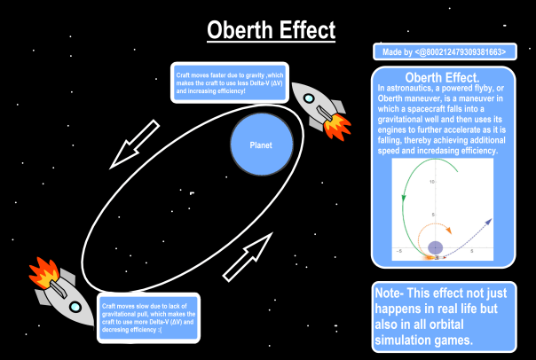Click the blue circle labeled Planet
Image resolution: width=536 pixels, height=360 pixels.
point(260,145)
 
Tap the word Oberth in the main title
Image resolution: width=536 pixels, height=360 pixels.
point(240,30)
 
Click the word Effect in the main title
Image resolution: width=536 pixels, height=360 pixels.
point(305,30)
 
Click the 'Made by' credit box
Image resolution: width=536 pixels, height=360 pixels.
point(444,53)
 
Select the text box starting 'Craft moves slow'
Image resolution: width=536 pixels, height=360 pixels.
point(149,315)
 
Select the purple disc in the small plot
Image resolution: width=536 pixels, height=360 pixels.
point(436,247)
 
